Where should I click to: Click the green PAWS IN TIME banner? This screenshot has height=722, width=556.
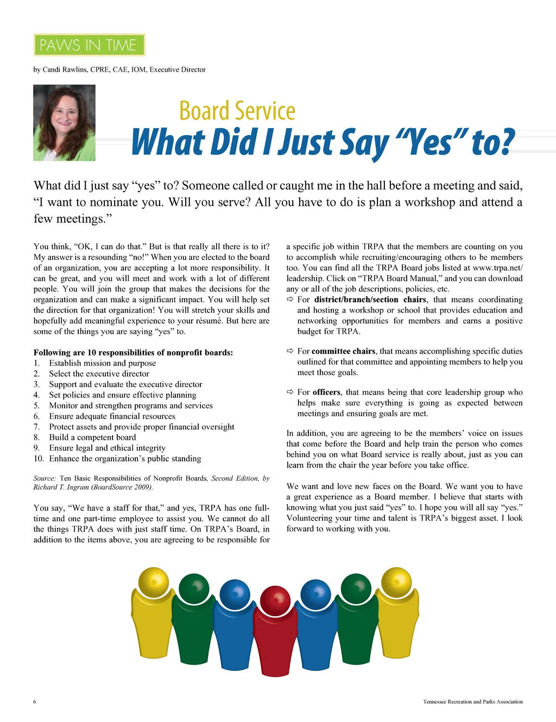(x=89, y=45)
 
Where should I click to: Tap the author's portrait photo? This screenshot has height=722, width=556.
(x=64, y=123)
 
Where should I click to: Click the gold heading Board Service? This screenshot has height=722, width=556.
(x=237, y=111)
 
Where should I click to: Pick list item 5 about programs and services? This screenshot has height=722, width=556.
(x=130, y=406)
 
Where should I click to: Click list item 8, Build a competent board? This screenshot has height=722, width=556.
(x=92, y=438)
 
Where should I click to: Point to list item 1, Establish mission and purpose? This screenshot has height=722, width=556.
(x=102, y=363)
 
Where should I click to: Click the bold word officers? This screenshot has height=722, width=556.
(x=326, y=392)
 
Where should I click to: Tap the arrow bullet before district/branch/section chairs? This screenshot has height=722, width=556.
(x=290, y=300)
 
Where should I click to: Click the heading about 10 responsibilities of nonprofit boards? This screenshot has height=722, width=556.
(x=133, y=352)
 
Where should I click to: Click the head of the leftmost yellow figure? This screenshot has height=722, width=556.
(x=154, y=582)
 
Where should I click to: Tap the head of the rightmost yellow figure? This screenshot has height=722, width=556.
(x=396, y=582)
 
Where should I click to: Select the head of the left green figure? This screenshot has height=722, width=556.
(x=194, y=588)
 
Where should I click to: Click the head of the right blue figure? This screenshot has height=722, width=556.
(x=315, y=594)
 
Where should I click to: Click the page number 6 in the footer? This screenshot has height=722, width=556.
(x=35, y=702)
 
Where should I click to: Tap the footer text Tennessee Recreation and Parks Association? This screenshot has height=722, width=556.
(x=472, y=702)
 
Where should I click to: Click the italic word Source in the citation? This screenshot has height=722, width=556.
(x=44, y=478)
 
